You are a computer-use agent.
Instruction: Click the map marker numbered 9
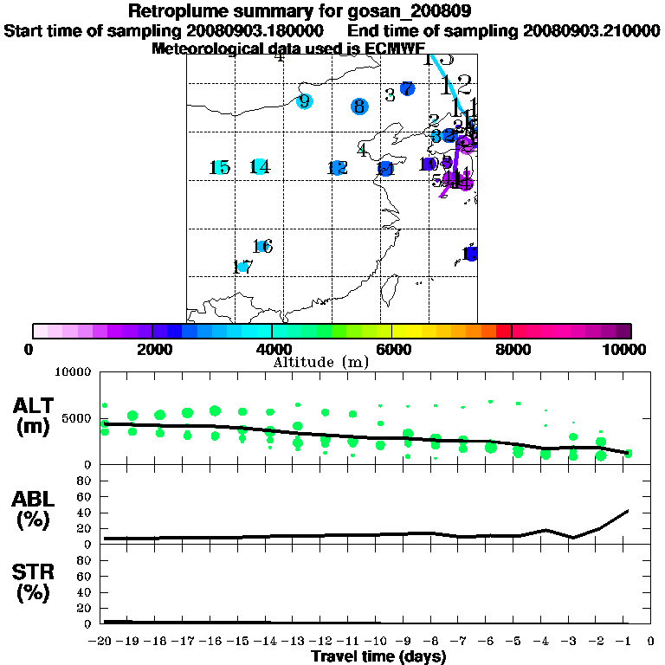click(304, 101)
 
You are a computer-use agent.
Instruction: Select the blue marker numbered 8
click(359, 107)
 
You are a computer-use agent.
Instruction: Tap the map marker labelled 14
click(259, 167)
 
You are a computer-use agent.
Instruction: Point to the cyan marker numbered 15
click(221, 167)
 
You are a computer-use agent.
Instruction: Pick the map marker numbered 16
click(263, 247)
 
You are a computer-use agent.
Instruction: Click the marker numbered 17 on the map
click(243, 267)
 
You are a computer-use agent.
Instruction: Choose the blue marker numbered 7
click(407, 88)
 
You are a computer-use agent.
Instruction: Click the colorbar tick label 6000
click(392, 350)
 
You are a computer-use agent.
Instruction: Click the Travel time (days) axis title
click(379, 656)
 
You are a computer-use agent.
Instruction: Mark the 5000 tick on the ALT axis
click(79, 418)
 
